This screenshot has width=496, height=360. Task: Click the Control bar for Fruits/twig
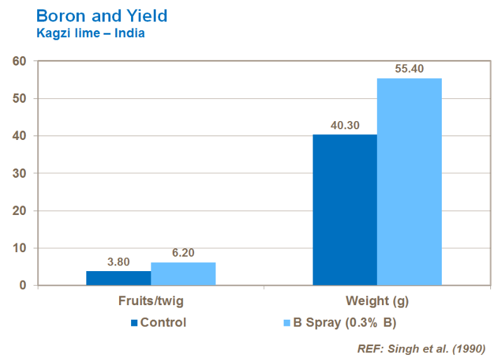[118, 278]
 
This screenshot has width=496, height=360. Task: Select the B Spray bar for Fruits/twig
[183, 274]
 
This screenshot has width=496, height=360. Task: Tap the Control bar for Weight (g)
[345, 210]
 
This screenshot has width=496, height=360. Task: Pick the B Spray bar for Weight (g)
[409, 182]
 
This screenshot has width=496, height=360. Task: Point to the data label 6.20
[183, 253]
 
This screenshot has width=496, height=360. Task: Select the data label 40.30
[345, 125]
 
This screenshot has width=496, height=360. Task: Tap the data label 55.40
[409, 69]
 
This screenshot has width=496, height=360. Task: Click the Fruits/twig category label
[151, 301]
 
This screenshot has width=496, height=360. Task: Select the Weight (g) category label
[378, 301]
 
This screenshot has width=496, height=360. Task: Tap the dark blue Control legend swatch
[134, 323]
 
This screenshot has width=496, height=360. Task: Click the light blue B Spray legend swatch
[286, 323]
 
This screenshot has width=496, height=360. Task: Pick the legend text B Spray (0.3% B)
[345, 323]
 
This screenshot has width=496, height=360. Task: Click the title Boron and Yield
[102, 15]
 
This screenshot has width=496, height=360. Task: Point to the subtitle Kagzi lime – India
[91, 33]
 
